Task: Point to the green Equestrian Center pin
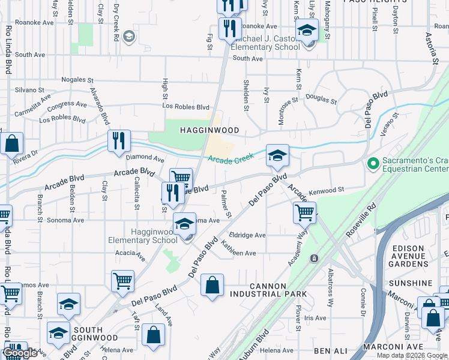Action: coord(372,163)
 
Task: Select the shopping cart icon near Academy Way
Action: coord(304,212)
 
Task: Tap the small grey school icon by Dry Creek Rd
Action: coord(128,37)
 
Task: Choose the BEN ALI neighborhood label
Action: coord(330,350)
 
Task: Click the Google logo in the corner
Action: coord(20,353)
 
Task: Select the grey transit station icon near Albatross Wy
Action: coord(313,258)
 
